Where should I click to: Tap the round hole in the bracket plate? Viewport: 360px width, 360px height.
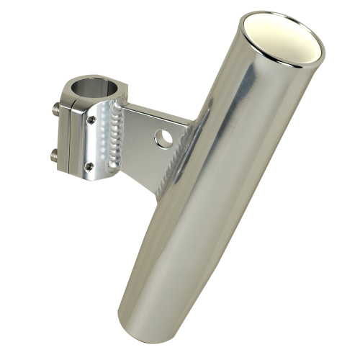point(163,138)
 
